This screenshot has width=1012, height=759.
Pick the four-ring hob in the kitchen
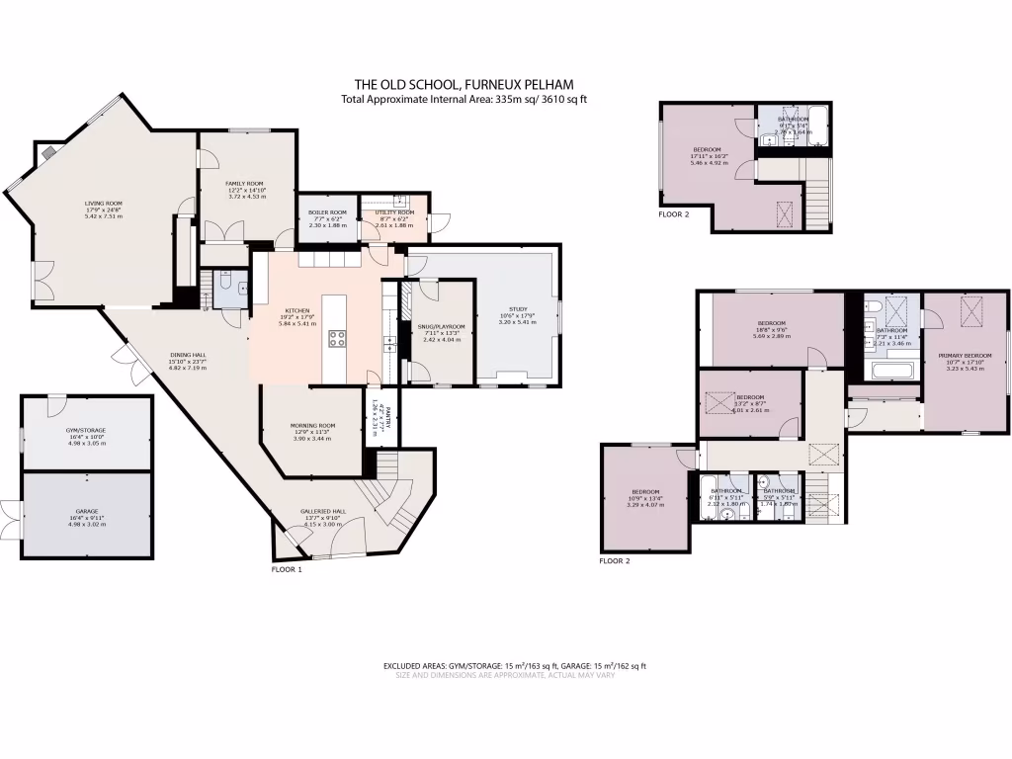coord(337,338)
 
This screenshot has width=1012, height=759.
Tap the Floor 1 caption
coord(287,569)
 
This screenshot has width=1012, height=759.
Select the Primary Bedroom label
coord(964,360)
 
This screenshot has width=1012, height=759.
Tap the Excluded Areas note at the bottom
coord(514,666)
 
